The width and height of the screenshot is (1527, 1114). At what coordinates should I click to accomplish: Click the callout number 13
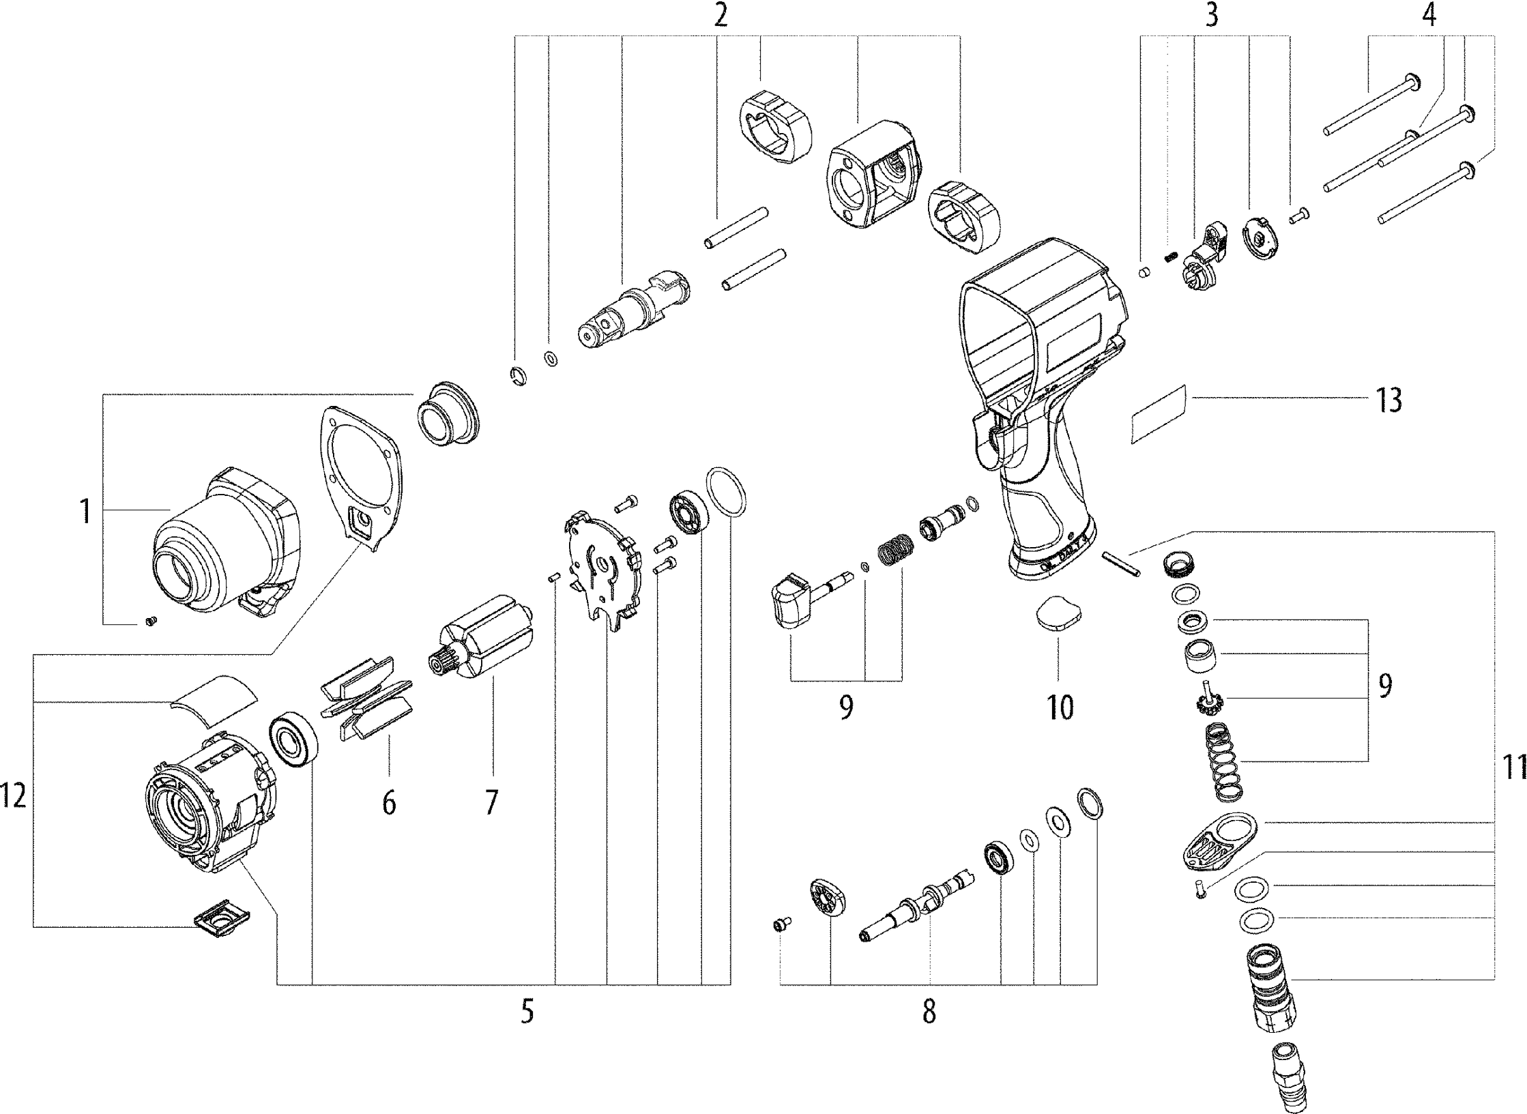[x=1388, y=400]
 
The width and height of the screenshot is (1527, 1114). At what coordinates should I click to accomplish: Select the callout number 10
[x=1060, y=707]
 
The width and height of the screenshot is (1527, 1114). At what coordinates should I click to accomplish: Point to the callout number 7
[x=491, y=802]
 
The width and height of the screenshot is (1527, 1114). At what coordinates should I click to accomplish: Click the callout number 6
[x=389, y=803]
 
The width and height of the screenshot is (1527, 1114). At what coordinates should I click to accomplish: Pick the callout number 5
[x=527, y=1012]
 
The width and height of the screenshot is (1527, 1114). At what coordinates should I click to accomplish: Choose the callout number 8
[x=929, y=1012]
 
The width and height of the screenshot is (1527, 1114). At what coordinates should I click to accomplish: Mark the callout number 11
[x=1513, y=768]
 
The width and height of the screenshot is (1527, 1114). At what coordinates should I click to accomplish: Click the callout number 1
[x=85, y=512]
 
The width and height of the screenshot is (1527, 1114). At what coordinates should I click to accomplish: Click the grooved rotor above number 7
[x=486, y=636]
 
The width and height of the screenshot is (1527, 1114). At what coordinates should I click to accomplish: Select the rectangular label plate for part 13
[x=1159, y=414]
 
